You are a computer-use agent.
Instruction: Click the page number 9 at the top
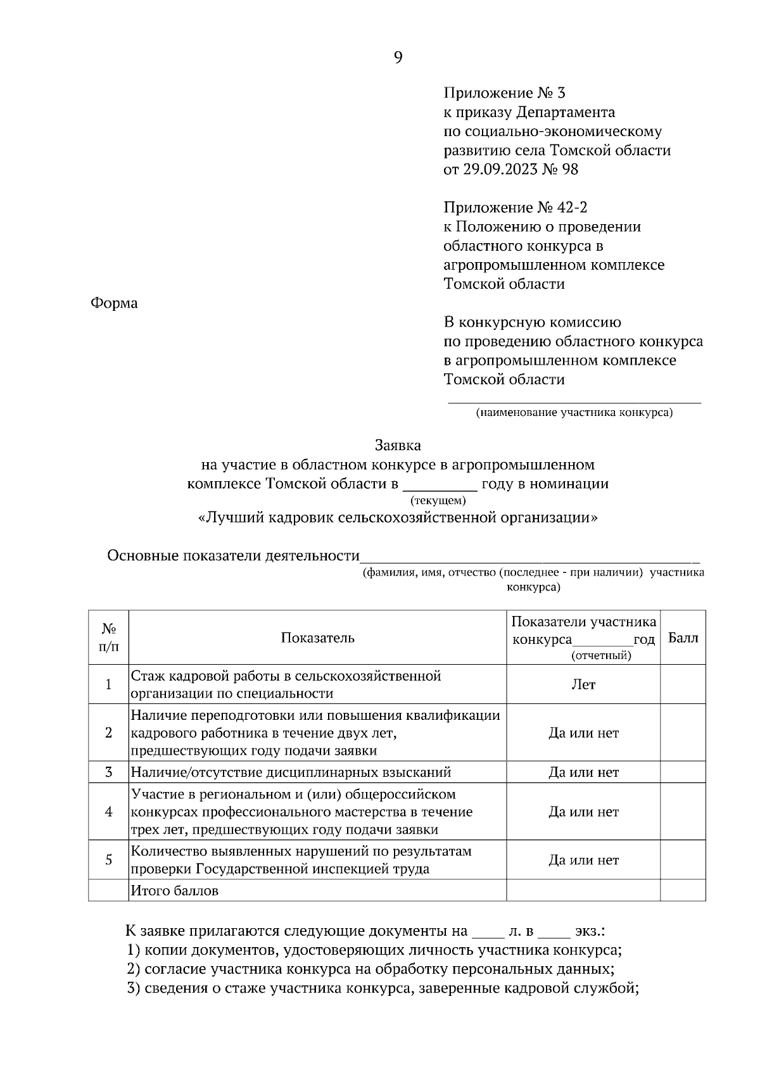(x=398, y=58)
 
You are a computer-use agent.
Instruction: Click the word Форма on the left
(x=114, y=303)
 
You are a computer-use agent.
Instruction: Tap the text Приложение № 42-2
(x=510, y=208)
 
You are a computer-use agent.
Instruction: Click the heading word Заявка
(x=398, y=446)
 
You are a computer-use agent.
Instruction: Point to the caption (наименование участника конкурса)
(x=574, y=413)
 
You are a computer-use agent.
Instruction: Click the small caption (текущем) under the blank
(x=438, y=501)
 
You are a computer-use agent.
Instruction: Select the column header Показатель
(x=317, y=638)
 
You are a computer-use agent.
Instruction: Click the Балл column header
(x=683, y=638)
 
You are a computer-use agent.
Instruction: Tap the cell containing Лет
(x=583, y=684)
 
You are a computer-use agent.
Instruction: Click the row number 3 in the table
(x=108, y=772)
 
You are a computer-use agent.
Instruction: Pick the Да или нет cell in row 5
(x=583, y=860)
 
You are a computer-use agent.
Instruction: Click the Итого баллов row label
(x=174, y=891)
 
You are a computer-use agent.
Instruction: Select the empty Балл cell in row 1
(x=683, y=684)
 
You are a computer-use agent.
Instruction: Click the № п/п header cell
(x=108, y=638)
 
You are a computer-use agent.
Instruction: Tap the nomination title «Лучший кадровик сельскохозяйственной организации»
(x=398, y=518)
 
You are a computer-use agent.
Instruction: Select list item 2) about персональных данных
(x=370, y=969)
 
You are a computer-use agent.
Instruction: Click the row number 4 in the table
(x=108, y=812)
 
